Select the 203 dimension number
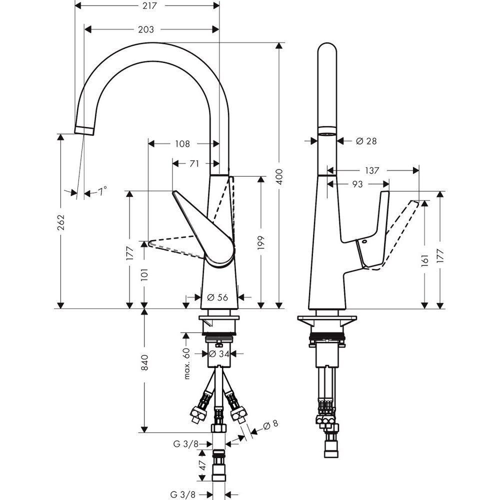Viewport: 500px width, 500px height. pyautogui.click(x=145, y=29)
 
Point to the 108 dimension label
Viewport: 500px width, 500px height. pyautogui.click(x=182, y=144)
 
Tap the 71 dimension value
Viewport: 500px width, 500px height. pyautogui.click(x=194, y=163)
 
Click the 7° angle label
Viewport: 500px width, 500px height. pyautogui.click(x=102, y=191)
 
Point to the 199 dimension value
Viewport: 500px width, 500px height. pyautogui.click(x=261, y=242)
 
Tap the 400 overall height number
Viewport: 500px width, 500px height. pyautogui.click(x=279, y=176)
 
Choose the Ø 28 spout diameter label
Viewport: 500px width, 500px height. pyautogui.click(x=366, y=141)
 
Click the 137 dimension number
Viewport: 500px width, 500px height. pyautogui.click(x=371, y=170)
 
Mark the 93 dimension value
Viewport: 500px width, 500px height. pyautogui.click(x=357, y=184)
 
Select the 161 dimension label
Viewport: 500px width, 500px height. pyautogui.click(x=424, y=259)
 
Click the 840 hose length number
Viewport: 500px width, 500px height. pyautogui.click(x=144, y=362)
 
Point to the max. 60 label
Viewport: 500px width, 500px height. pyautogui.click(x=187, y=363)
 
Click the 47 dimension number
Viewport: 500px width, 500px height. pyautogui.click(x=202, y=466)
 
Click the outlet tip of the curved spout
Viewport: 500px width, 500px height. pyautogui.click(x=84, y=130)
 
